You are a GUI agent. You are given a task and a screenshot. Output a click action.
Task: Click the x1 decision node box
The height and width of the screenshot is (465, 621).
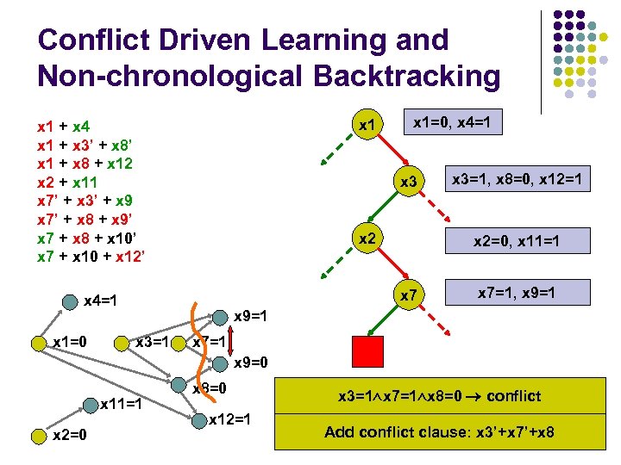[368, 126]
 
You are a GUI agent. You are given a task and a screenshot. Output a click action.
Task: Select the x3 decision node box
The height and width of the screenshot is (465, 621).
[409, 182]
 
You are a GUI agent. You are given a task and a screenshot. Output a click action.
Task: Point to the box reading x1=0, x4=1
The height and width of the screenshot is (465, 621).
[452, 124]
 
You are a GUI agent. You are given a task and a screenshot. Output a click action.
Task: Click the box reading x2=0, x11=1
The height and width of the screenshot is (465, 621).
[516, 240]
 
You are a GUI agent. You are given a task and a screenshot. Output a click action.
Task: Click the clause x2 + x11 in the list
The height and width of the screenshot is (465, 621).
[67, 182]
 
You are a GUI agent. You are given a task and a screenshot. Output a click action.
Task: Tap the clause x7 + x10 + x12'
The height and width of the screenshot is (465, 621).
[91, 256]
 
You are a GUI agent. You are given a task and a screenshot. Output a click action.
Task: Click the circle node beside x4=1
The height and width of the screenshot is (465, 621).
[69, 302]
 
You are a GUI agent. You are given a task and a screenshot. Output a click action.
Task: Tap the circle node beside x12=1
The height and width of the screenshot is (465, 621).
[200, 421]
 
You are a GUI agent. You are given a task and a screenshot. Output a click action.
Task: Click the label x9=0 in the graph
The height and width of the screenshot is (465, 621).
[252, 362]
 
